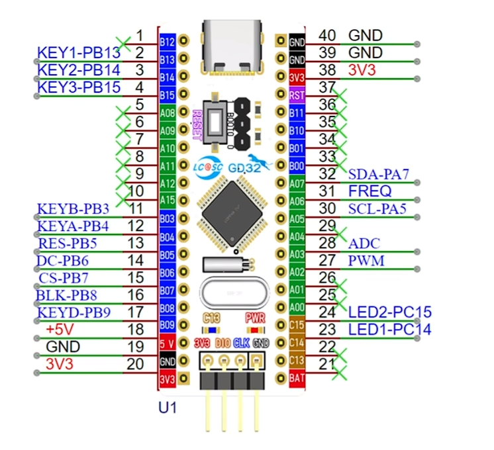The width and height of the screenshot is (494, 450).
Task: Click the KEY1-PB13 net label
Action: [x=79, y=52]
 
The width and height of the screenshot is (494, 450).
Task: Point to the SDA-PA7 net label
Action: [x=378, y=175]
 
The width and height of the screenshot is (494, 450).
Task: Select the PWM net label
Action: [x=366, y=261]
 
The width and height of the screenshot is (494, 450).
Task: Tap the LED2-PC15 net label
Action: [x=389, y=312]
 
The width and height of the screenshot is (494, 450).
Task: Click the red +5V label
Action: [x=61, y=329]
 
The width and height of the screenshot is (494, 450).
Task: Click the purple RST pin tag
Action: [x=297, y=95]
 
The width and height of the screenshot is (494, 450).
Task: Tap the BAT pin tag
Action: [x=297, y=378]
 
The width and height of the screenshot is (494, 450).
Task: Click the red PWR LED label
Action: [x=255, y=318]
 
